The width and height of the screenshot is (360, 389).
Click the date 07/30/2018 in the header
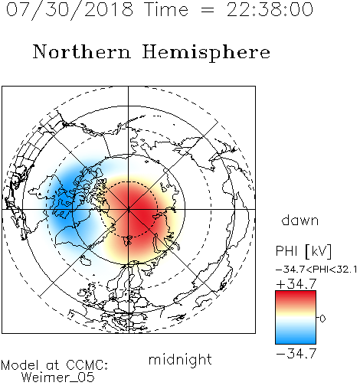click(x=70, y=9)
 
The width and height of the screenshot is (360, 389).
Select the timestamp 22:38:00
click(x=270, y=9)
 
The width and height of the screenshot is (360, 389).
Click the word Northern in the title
click(x=81, y=52)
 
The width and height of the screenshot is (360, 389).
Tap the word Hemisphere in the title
click(x=206, y=53)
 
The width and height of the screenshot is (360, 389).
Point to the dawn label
click(x=300, y=220)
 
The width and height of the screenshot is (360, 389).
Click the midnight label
click(x=180, y=359)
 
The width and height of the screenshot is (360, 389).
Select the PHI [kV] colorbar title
click(x=304, y=251)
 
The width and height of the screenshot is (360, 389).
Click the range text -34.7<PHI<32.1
click(x=316, y=270)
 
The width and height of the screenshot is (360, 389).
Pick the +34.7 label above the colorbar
click(x=296, y=284)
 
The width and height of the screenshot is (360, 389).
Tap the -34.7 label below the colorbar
click(x=296, y=354)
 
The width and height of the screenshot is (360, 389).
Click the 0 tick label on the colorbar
click(x=322, y=319)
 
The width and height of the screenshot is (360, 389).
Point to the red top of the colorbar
click(x=296, y=296)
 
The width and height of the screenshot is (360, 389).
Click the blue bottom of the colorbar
click(x=296, y=338)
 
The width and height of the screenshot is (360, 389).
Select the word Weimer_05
click(x=58, y=378)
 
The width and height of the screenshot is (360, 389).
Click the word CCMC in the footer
click(x=87, y=365)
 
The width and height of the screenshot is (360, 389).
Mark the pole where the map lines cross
click(x=128, y=209)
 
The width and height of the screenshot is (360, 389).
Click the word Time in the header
click(x=166, y=9)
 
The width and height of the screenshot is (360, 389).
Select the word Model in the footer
click(x=20, y=365)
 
